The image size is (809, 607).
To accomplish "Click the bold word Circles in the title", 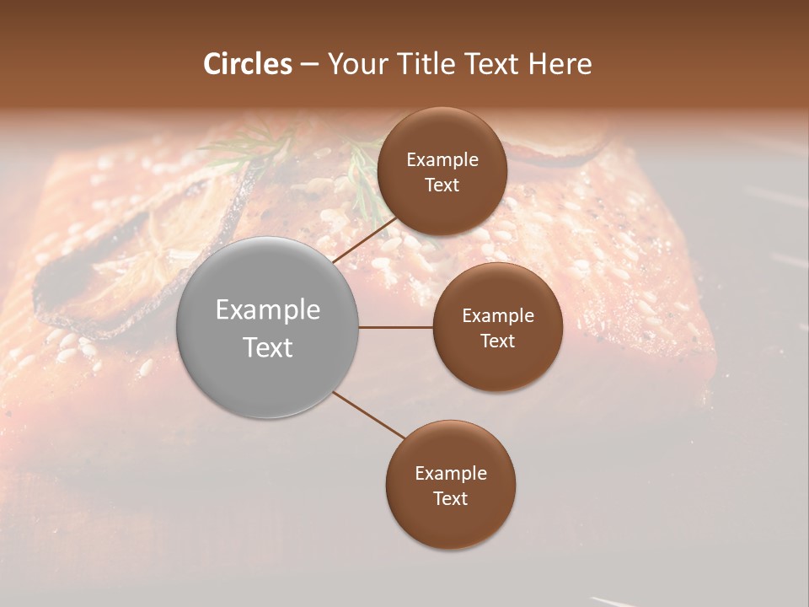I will click(x=248, y=64).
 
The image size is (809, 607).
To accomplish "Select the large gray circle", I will click(x=267, y=327).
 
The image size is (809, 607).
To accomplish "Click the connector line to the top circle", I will click(x=364, y=239).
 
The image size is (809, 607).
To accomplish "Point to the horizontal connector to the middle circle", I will click(x=396, y=327).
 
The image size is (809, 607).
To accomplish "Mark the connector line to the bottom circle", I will click(x=369, y=415).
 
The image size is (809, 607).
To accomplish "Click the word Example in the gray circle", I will click(x=267, y=309).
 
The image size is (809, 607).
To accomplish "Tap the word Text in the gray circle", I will click(x=267, y=346).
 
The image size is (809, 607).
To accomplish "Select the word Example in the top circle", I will click(x=442, y=159).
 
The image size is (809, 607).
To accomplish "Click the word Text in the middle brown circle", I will click(x=497, y=341).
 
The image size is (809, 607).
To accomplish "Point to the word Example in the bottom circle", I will click(x=450, y=473).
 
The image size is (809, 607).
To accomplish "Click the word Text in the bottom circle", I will click(x=450, y=498).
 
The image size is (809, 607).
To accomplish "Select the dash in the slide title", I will click(x=309, y=64).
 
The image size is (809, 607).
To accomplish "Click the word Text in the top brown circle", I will click(x=442, y=185).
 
